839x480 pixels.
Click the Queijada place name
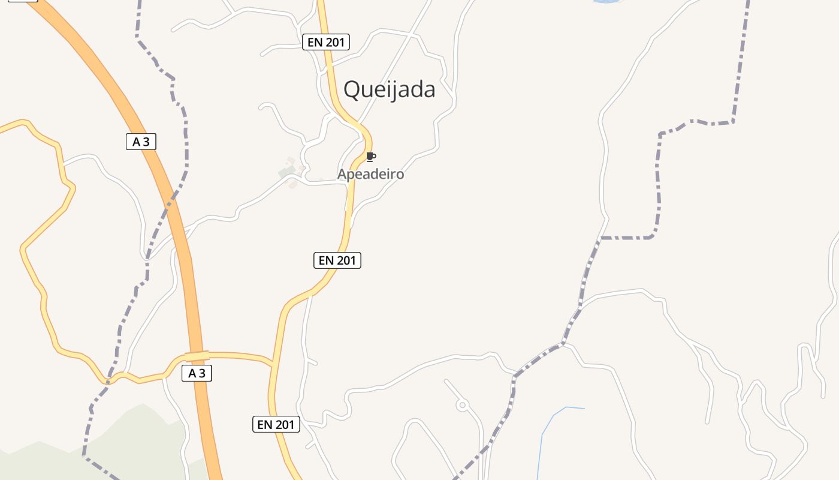389,89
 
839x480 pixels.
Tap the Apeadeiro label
370,175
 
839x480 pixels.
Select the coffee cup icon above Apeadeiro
371,157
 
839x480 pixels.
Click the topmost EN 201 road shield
325,42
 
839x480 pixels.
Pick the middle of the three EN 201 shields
337,260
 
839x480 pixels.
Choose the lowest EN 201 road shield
276,425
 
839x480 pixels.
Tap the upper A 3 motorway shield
141,142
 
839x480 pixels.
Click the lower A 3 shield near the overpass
197,373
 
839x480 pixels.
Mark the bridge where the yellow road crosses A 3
197,356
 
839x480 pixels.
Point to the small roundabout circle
462,406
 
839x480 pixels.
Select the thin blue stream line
543,444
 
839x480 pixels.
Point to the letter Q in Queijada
352,90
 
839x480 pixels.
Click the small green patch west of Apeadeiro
286,173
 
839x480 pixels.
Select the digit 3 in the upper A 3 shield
146,142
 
